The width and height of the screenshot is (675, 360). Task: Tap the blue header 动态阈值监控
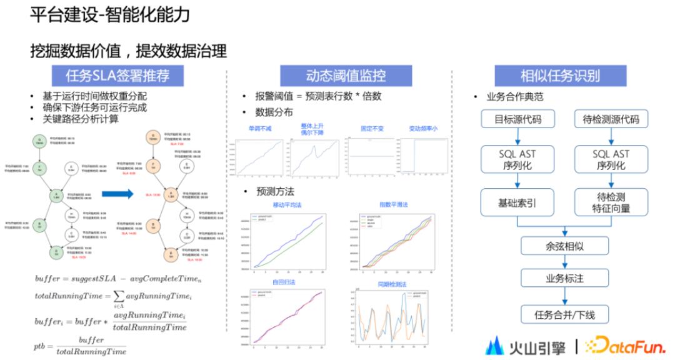345,76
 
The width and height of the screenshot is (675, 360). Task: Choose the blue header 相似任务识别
560,76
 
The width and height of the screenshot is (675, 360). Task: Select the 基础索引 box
517,202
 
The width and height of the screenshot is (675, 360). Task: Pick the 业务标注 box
564,278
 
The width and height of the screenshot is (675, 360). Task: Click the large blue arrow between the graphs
117,193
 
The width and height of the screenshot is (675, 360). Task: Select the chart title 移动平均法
288,204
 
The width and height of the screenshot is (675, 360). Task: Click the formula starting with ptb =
79,344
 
